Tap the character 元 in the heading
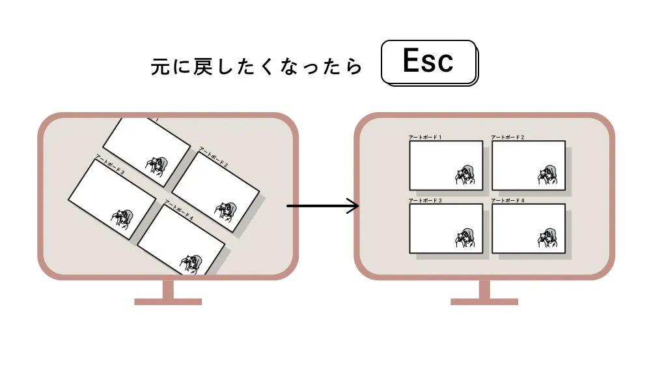tap(159, 68)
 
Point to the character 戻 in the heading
tap(201, 68)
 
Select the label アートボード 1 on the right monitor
tap(425, 138)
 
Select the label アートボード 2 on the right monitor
tap(507, 138)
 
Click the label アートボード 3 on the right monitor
tap(425, 200)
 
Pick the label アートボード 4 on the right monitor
tap(507, 200)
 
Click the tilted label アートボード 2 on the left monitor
tap(213, 157)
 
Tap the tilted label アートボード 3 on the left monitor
tap(110, 164)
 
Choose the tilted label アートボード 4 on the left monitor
tap(180, 209)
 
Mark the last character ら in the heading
tap(354, 68)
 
